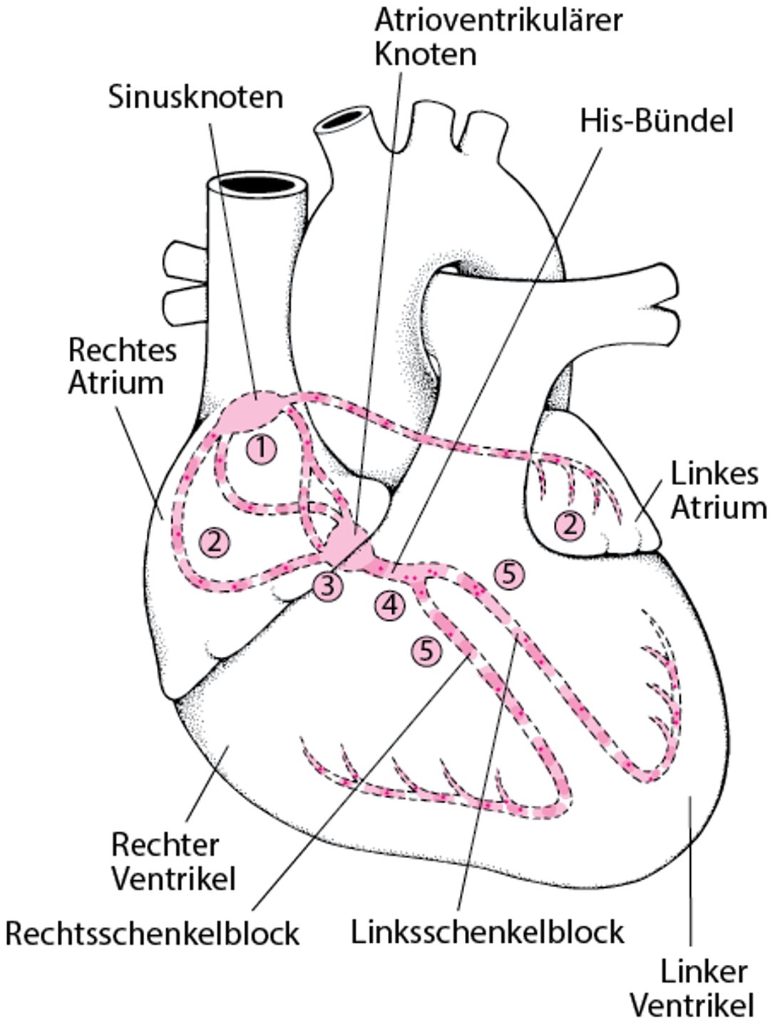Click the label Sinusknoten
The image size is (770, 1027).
tap(195, 96)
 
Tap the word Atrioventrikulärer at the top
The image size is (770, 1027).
tap(498, 20)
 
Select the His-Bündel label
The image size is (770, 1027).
tap(656, 121)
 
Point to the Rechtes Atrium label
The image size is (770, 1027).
tap(121, 366)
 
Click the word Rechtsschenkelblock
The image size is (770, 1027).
tap(152, 933)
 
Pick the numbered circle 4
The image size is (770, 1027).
tap(389, 605)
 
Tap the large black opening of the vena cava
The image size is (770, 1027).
tap(258, 184)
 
